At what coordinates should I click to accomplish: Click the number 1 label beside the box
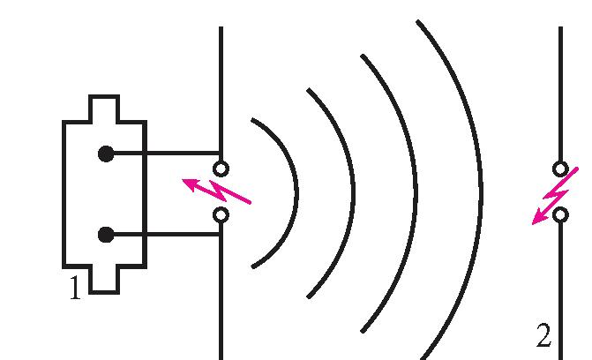76,289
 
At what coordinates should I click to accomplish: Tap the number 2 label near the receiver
543,336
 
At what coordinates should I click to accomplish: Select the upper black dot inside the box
106,154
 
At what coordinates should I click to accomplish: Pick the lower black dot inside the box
106,235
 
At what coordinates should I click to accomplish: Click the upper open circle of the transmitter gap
221,168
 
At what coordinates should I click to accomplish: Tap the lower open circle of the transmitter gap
221,214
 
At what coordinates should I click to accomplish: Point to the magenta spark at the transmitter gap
216,191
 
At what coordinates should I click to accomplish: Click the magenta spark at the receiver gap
554,196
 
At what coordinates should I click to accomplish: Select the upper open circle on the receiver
560,168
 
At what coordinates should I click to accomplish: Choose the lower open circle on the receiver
560,214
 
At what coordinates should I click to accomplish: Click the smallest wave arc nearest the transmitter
295,191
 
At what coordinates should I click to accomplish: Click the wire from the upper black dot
163,154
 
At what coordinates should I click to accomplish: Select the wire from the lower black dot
163,235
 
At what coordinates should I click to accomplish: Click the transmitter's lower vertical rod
221,291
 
